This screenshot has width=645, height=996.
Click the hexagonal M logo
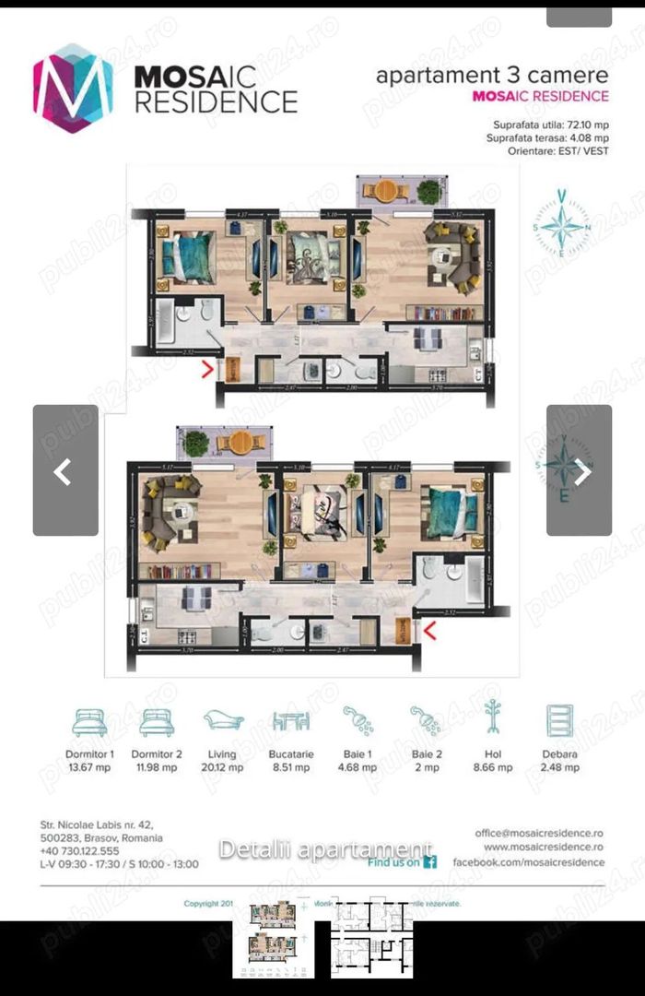[73, 88]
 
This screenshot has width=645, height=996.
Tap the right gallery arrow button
[579, 470]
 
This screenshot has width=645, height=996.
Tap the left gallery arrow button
[65, 470]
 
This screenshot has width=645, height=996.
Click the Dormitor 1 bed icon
[89, 720]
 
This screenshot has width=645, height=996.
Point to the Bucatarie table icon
[290, 720]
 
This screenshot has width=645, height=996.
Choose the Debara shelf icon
[560, 720]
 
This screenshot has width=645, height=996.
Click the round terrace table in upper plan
[384, 190]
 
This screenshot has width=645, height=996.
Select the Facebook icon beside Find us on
[429, 862]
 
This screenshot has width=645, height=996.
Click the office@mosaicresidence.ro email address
[540, 832]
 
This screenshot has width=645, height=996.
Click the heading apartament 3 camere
[492, 76]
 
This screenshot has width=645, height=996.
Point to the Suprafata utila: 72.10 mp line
[548, 124]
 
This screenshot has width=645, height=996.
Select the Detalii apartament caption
[324, 849]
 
